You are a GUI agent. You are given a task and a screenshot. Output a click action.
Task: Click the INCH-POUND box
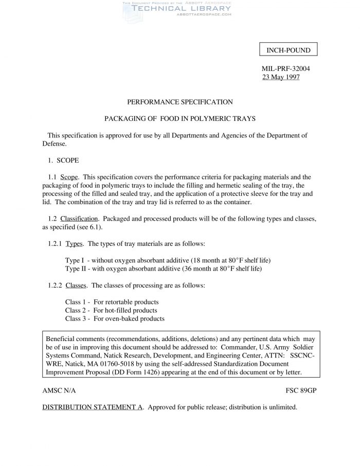[289, 50]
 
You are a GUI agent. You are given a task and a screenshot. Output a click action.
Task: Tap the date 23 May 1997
[281, 77]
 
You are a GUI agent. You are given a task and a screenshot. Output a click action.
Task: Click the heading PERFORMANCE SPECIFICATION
[180, 102]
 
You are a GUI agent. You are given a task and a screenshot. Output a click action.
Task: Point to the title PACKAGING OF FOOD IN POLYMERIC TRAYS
[180, 118]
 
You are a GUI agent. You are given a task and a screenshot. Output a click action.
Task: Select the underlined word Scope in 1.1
[69, 177]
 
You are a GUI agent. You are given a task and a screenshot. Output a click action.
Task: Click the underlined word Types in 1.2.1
[74, 243]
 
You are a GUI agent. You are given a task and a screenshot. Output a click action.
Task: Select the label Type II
[76, 268]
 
